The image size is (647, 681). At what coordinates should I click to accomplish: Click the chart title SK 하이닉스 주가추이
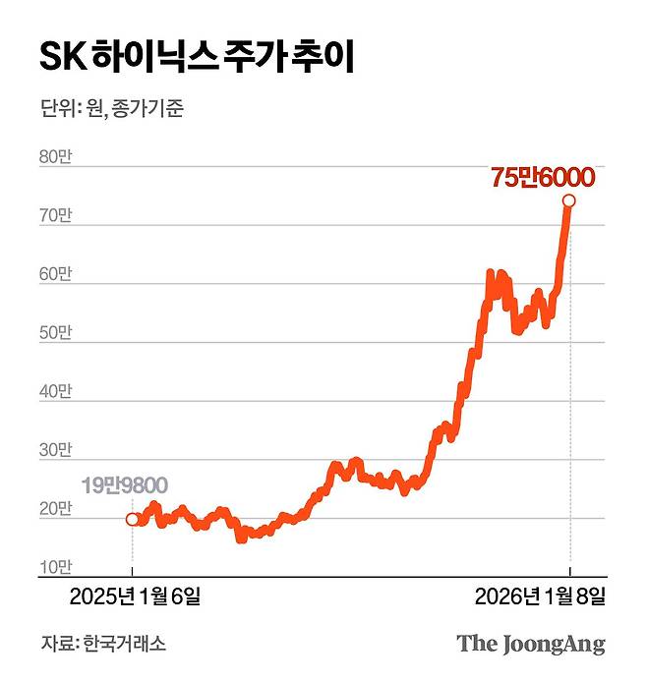[196, 57]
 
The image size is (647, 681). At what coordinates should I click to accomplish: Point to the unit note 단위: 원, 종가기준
[112, 109]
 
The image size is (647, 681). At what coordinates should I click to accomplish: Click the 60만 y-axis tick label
[55, 276]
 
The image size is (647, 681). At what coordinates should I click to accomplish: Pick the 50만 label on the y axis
[55, 334]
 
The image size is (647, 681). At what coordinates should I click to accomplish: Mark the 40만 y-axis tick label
[55, 392]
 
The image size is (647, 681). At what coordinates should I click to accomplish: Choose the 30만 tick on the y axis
[55, 451]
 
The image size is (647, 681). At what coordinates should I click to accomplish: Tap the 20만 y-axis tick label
[55, 509]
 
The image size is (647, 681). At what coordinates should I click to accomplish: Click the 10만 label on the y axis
[55, 567]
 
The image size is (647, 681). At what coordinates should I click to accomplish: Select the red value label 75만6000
[542, 178]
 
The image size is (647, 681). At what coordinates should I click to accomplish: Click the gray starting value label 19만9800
[125, 484]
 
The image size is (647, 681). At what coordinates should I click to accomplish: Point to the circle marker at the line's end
[568, 200]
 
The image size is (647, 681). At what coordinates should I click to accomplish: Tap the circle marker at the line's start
[133, 519]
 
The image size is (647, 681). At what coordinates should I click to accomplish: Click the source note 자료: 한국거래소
[103, 645]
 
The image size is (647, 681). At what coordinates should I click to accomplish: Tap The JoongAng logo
[530, 645]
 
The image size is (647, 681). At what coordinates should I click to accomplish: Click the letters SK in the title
[62, 57]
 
